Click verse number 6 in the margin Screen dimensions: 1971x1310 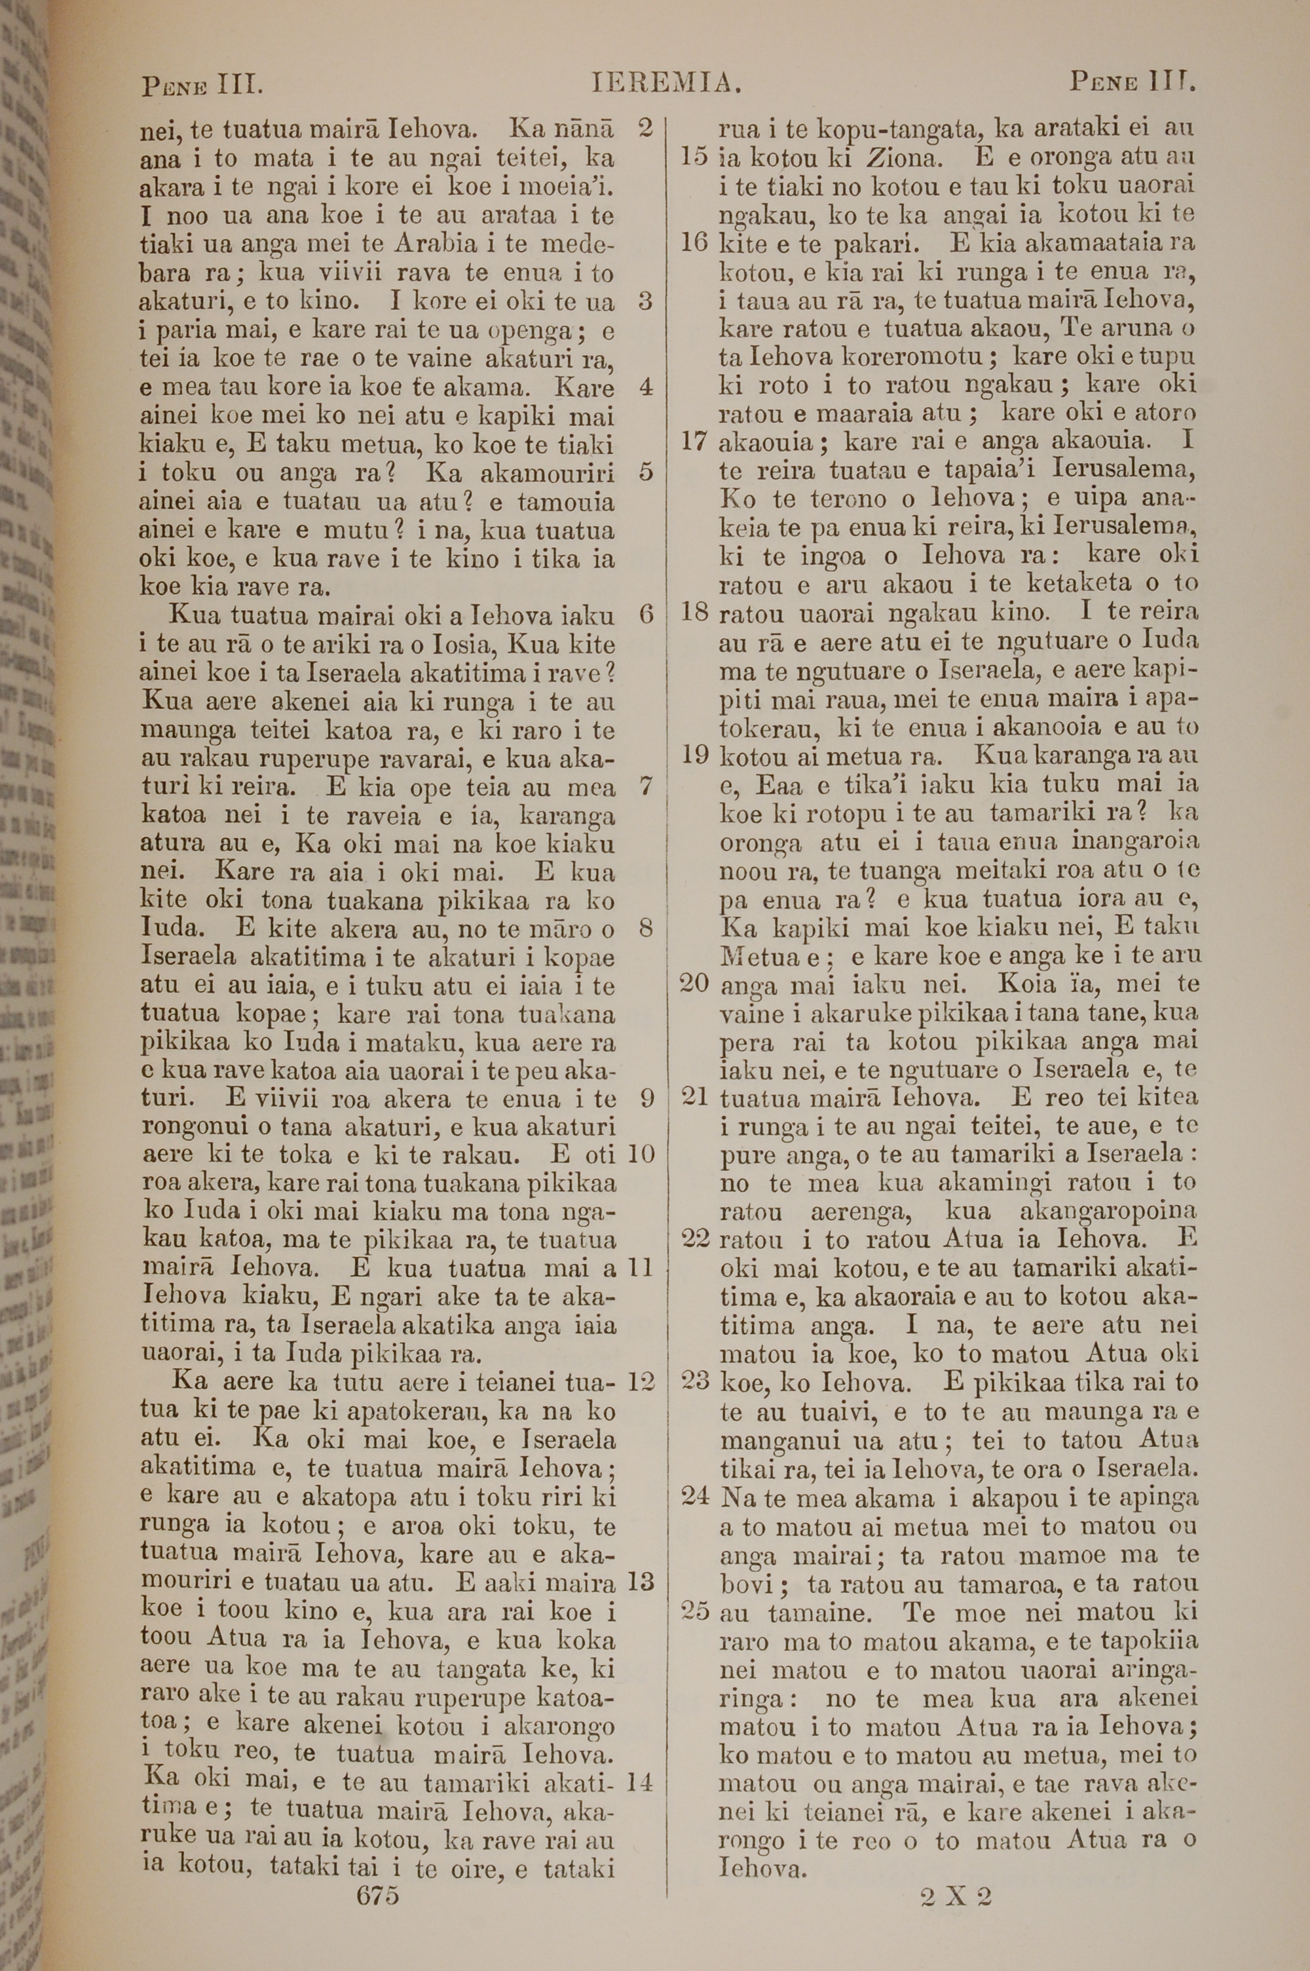click(646, 615)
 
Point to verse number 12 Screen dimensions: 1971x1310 click(641, 1381)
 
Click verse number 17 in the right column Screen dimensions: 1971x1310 click(694, 441)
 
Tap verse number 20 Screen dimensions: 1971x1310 click(694, 984)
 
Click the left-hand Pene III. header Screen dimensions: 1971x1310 click(204, 85)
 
